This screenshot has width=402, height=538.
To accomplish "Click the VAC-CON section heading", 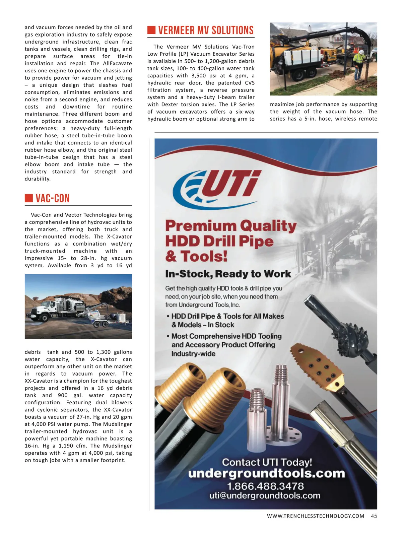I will (53, 198).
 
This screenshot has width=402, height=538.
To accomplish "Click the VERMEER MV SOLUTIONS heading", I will (206, 30).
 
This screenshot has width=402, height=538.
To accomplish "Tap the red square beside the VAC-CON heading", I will (28, 198).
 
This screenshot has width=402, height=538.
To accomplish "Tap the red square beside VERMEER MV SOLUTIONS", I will (151, 30).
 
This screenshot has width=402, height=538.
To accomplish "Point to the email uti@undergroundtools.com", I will (265, 496).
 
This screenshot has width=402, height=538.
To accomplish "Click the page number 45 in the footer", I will (374, 516).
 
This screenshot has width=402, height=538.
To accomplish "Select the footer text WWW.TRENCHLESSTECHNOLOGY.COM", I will (315, 516).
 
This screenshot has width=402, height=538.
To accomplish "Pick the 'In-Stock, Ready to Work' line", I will (228, 274).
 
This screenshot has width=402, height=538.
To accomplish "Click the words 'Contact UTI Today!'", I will (267, 462).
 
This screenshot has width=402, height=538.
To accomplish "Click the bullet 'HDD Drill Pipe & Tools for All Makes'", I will (227, 316).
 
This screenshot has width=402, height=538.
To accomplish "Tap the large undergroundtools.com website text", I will (266, 473).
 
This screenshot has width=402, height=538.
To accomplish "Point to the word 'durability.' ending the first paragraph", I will (38, 179).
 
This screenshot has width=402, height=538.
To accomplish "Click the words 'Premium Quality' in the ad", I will (230, 226).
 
